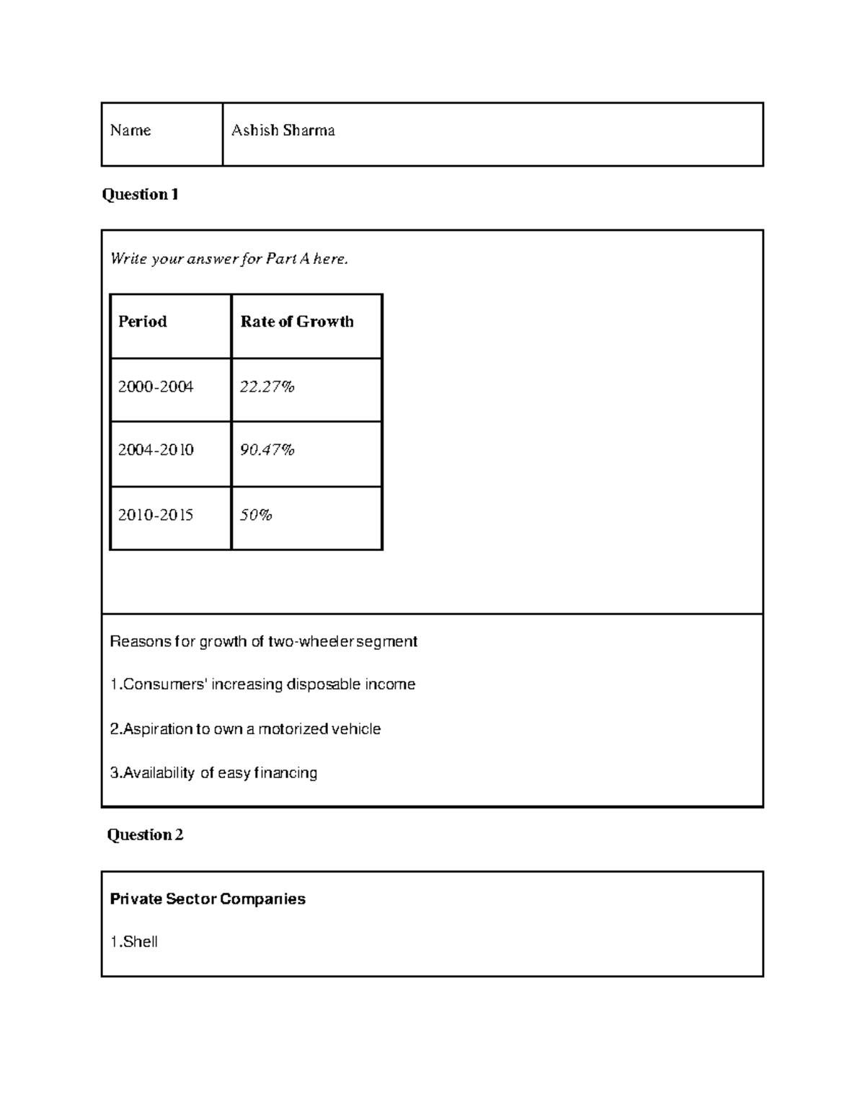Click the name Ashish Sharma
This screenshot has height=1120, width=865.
(x=283, y=131)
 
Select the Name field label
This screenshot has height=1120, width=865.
(x=130, y=131)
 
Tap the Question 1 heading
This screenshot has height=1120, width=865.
(x=140, y=194)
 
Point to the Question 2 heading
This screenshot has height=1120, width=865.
(x=145, y=834)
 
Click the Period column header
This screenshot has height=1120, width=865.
(x=143, y=322)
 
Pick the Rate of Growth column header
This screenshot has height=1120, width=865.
(x=297, y=322)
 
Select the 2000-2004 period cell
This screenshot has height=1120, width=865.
(x=156, y=387)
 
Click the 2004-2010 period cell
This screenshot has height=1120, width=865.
(x=156, y=450)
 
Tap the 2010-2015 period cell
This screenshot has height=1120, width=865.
(x=156, y=515)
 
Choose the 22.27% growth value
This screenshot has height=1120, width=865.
(x=267, y=387)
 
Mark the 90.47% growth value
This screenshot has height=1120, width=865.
(x=267, y=450)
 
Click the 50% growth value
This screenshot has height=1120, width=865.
(x=256, y=515)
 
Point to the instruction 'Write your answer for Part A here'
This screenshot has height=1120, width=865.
(x=229, y=258)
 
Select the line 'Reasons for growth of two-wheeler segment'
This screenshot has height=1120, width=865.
(x=263, y=641)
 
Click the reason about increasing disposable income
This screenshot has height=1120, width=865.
(x=262, y=684)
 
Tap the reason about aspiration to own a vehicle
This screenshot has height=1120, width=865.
(x=245, y=729)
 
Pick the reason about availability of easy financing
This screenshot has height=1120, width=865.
(x=213, y=773)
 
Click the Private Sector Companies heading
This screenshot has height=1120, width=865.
(x=208, y=899)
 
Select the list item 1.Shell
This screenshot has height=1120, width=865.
(x=134, y=941)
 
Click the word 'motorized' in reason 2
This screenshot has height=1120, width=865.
(x=293, y=729)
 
